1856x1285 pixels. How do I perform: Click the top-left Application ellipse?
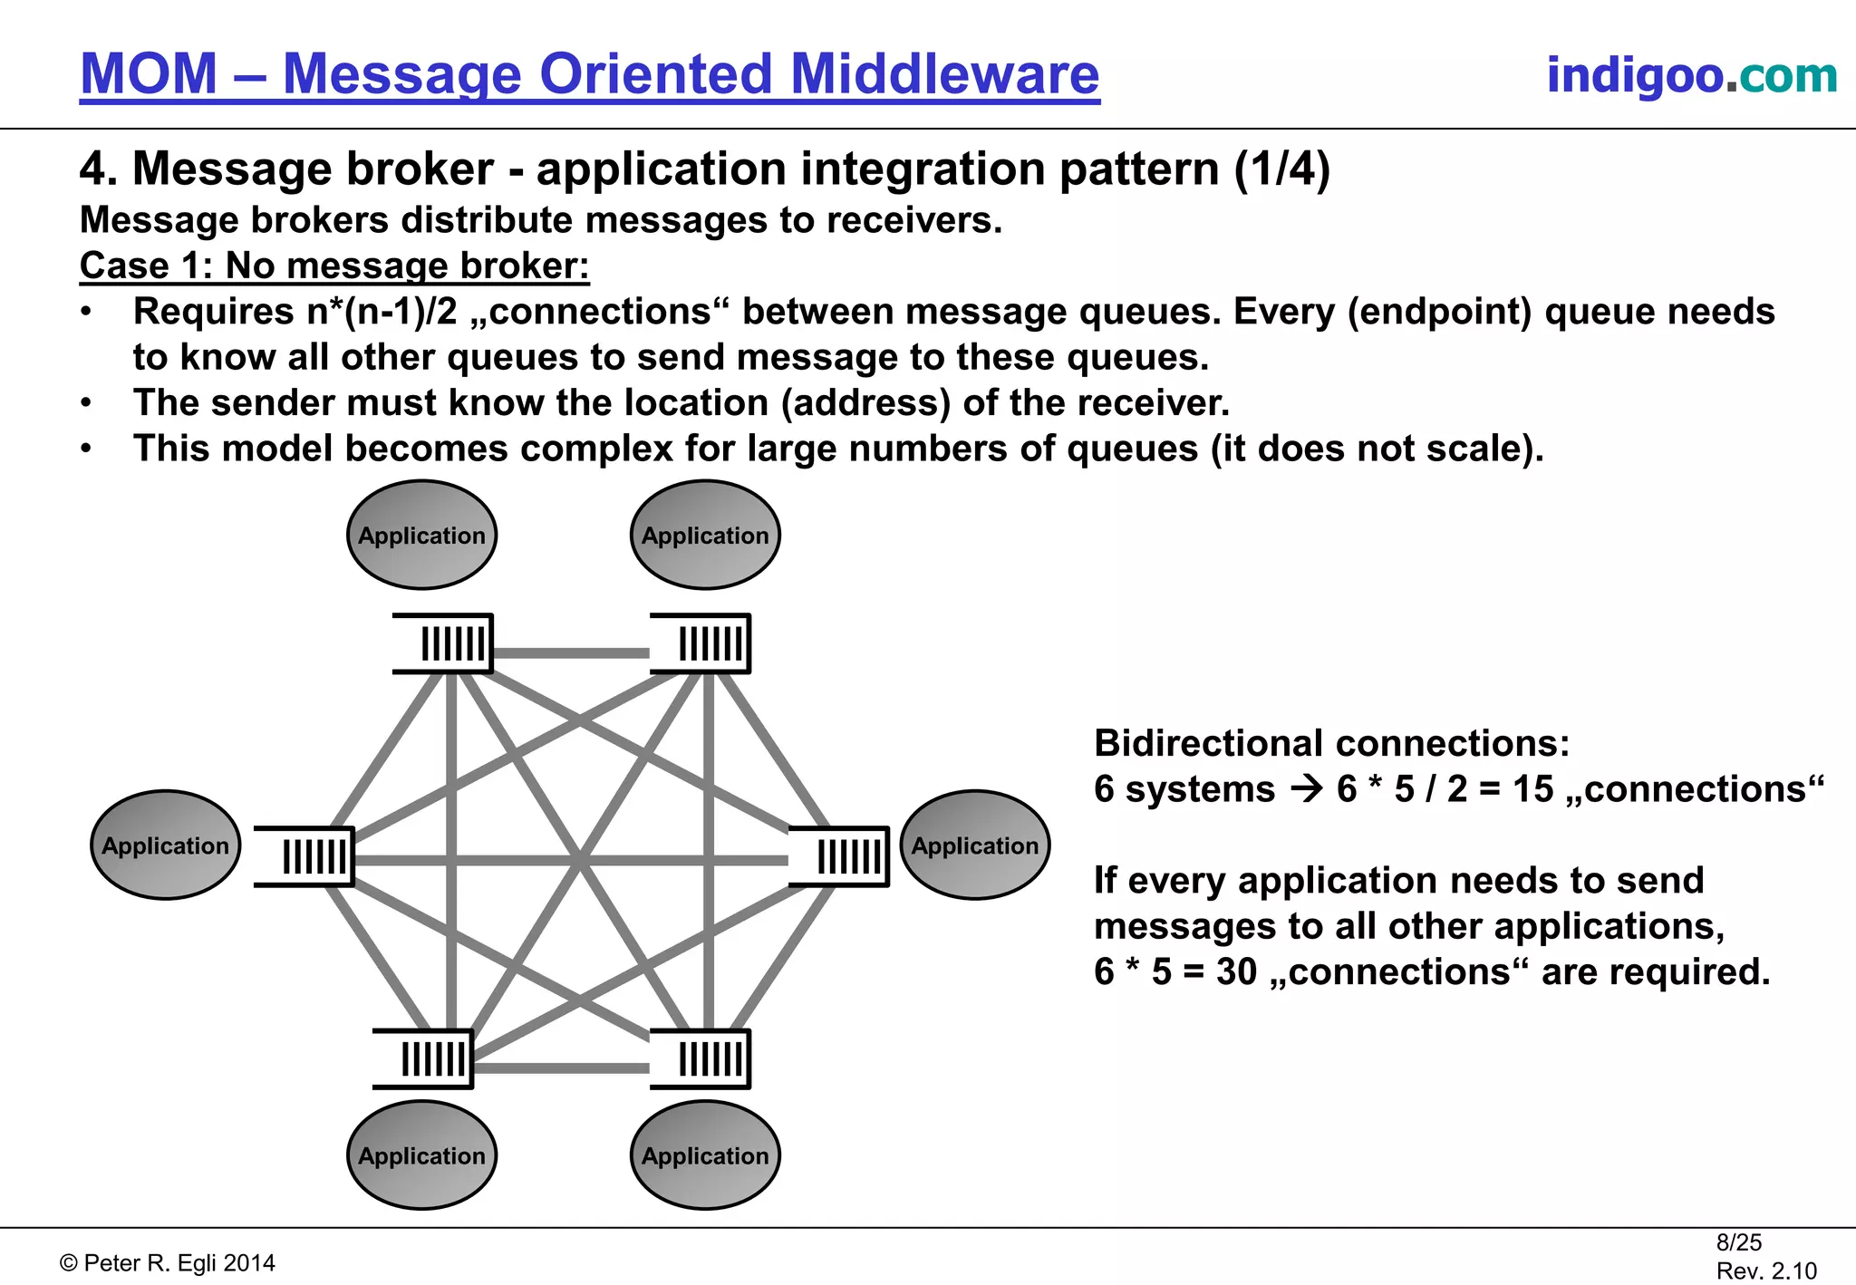pyautogui.click(x=421, y=535)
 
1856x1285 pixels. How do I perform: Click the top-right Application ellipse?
pyautogui.click(x=705, y=535)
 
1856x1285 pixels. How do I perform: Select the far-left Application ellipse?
pyautogui.click(x=166, y=845)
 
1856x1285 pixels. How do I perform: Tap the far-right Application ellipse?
pyautogui.click(x=975, y=845)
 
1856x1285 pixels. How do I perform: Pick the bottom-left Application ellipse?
pyautogui.click(x=421, y=1155)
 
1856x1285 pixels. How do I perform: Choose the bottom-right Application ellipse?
pyautogui.click(x=705, y=1155)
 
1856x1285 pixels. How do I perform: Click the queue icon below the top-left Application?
pyautogui.click(x=444, y=644)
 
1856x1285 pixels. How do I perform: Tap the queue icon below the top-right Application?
pyautogui.click(x=701, y=644)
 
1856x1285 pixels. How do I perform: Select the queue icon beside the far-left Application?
pyautogui.click(x=305, y=856)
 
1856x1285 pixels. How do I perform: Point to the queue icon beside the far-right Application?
pyautogui.click(x=839, y=856)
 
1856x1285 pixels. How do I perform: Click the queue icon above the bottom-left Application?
pyautogui.click(x=424, y=1058)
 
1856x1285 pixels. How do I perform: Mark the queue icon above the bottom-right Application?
pyautogui.click(x=701, y=1058)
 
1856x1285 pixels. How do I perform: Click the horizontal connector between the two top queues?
pyautogui.click(x=571, y=652)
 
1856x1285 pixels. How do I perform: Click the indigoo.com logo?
pyautogui.click(x=1691, y=75)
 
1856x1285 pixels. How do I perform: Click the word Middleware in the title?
pyautogui.click(x=944, y=74)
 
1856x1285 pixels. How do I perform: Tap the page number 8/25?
pyautogui.click(x=1738, y=1242)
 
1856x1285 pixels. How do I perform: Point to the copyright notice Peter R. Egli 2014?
pyautogui.click(x=169, y=1263)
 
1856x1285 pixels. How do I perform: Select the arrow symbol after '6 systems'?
pyautogui.click(x=1306, y=789)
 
